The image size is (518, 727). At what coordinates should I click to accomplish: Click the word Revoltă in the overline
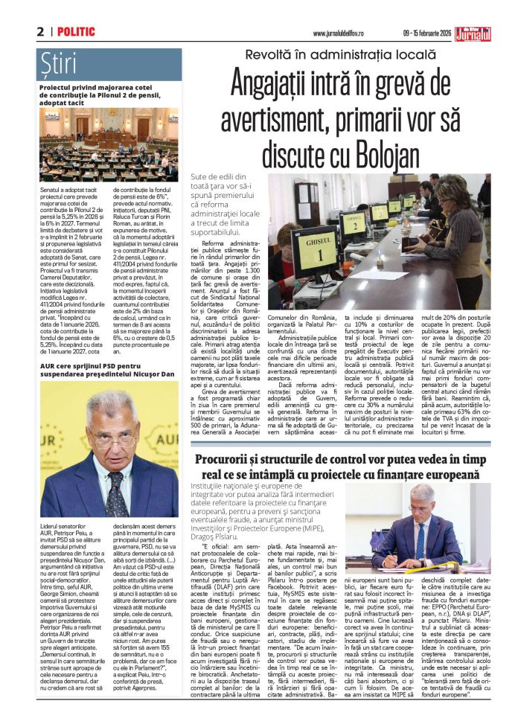click(x=271, y=52)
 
